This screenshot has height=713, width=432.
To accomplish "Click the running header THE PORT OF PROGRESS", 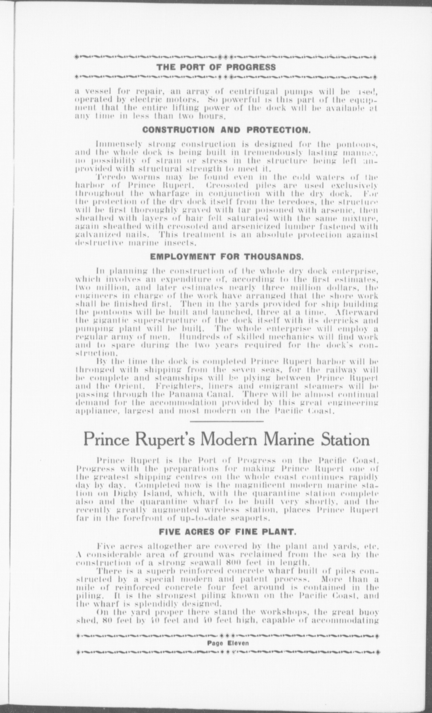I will coord(216,67).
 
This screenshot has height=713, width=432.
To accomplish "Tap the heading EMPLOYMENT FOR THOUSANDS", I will coord(227,257).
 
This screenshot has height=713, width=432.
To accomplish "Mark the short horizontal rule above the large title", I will coord(227,421).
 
